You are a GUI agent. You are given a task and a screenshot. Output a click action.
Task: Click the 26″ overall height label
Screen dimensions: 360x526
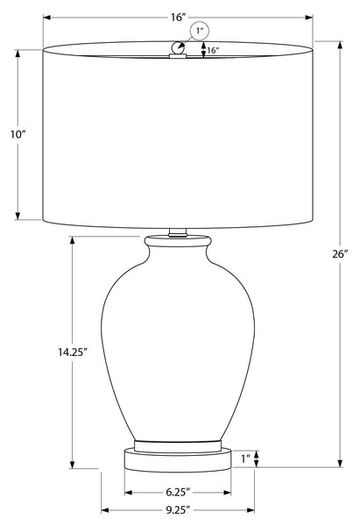340,254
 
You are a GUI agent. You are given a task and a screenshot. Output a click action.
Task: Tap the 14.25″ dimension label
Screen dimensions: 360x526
73,352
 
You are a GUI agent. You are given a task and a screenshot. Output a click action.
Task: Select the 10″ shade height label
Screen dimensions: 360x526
18,134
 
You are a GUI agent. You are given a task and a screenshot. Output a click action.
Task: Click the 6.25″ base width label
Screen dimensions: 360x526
178,492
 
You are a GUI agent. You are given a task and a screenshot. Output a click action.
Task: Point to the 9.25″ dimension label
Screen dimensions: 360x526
178,510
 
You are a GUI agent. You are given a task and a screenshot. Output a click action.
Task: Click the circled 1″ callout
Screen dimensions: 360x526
200,32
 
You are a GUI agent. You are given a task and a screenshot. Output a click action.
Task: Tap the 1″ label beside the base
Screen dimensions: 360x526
246,458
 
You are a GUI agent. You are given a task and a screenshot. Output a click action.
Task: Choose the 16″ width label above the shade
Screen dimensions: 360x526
178,18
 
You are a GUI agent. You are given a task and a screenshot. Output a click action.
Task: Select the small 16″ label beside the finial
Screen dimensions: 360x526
213,51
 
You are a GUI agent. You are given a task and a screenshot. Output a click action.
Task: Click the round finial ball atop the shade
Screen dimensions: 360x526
178,47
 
